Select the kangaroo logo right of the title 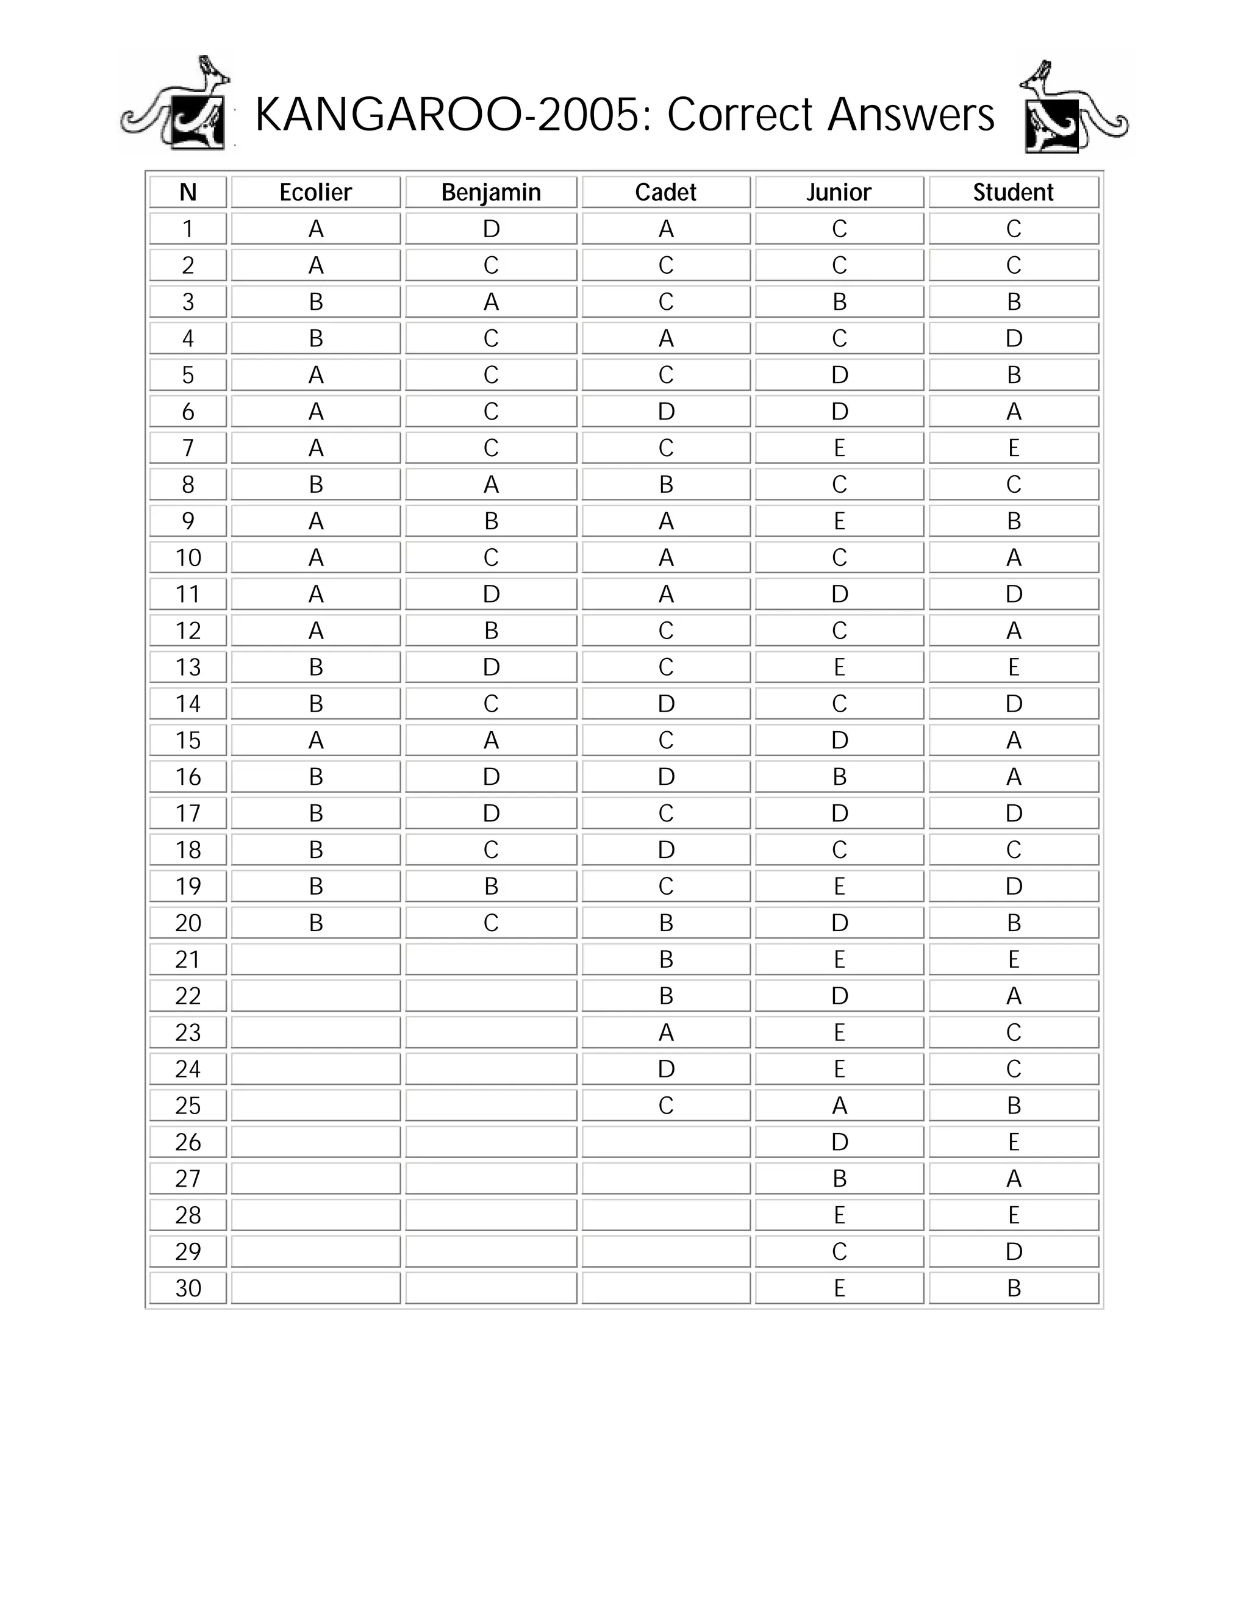point(1073,108)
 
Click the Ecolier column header point(316,192)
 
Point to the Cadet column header point(666,192)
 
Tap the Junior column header point(839,192)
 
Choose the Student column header point(1013,192)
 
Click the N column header point(188,192)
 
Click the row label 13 point(188,667)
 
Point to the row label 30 point(188,1288)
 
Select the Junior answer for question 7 point(839,448)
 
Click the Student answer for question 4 point(1013,339)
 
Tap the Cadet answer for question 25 point(666,1106)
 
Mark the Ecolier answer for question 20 point(316,923)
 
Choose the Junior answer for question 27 point(839,1179)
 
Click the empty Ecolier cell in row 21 point(316,960)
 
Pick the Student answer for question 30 point(1013,1288)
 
